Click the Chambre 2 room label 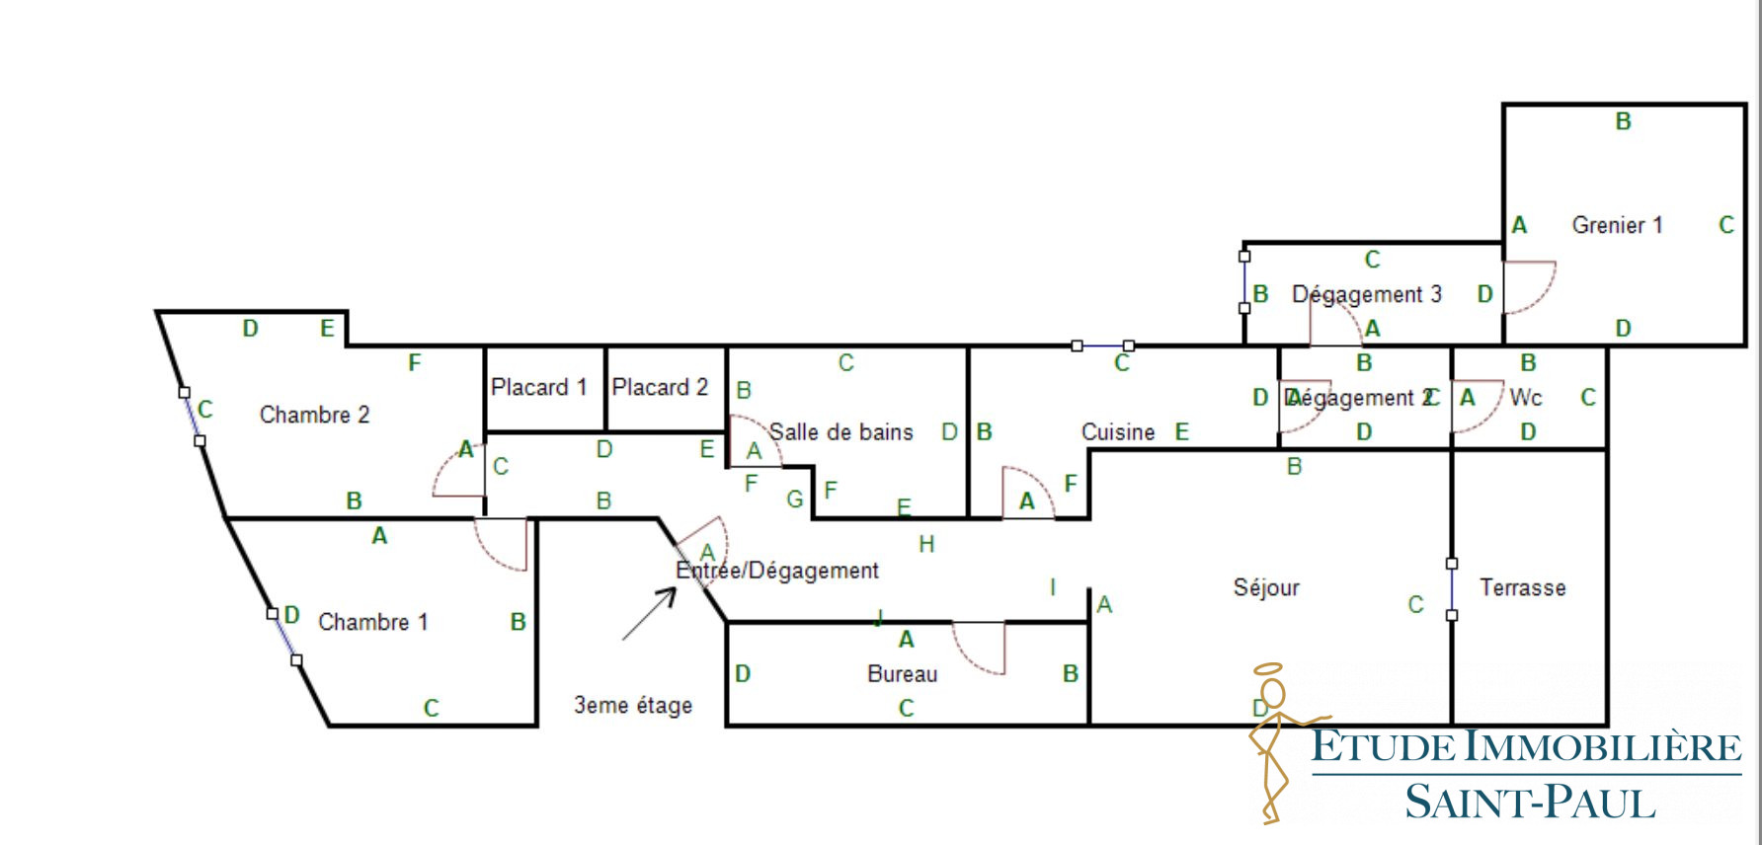(314, 415)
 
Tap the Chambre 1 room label (372, 622)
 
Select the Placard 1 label (539, 387)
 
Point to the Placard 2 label (660, 387)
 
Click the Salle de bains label (841, 432)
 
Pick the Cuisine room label (1118, 432)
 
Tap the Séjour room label (1266, 588)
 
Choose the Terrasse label (1523, 588)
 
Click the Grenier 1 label (1617, 225)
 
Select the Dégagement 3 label (1367, 294)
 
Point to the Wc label (1526, 398)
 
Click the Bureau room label (903, 674)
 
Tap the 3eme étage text (633, 706)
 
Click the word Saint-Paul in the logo (1530, 803)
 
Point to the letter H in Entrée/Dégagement (926, 544)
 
